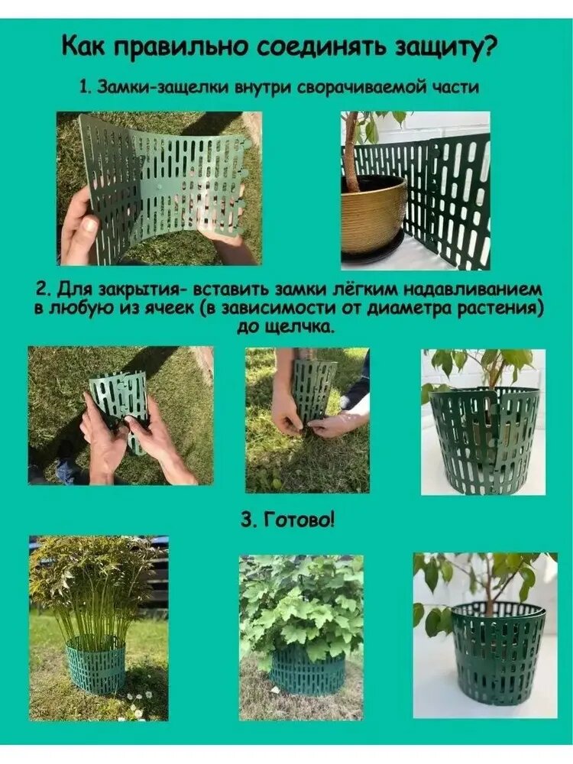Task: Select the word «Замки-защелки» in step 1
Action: pyautogui.click(x=163, y=87)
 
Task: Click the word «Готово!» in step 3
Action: pyautogui.click(x=299, y=520)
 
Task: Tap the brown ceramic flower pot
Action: pyautogui.click(x=374, y=212)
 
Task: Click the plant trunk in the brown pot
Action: pyautogui.click(x=352, y=152)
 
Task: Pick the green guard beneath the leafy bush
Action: pyautogui.click(x=307, y=665)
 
